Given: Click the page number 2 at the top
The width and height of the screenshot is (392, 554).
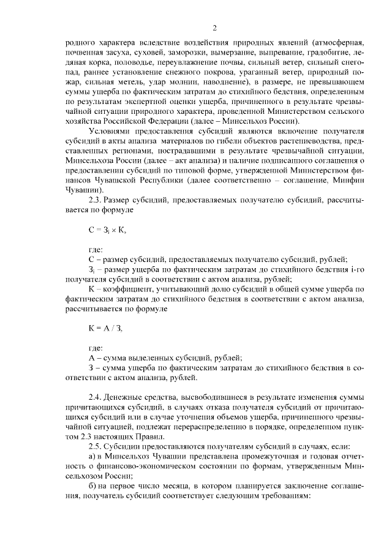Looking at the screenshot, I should [215, 27].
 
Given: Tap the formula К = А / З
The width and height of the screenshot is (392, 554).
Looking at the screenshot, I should [105, 329].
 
